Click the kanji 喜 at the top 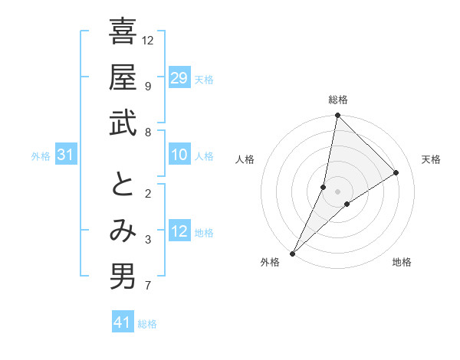[123, 32]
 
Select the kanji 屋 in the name [123, 78]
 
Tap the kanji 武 [123, 124]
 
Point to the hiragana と [123, 185]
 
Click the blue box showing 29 [179, 78]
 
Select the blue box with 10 [179, 155]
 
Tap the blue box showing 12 [179, 232]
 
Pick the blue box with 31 [66, 155]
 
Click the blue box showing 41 [123, 323]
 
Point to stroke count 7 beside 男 [148, 286]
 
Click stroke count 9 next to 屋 [148, 85]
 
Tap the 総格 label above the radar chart [337, 100]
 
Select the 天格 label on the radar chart [431, 159]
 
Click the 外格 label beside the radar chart [270, 262]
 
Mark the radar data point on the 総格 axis [337, 116]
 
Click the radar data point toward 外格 [293, 253]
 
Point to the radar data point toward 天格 [396, 172]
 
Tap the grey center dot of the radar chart [337, 191]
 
